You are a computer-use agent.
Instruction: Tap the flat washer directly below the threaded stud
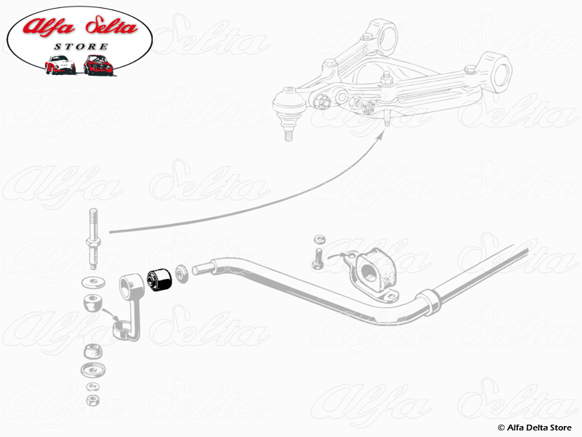(x=92, y=281)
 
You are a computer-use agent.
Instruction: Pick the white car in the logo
(x=60, y=64)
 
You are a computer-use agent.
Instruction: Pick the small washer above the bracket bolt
(x=318, y=239)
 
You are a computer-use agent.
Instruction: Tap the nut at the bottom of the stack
(x=92, y=400)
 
